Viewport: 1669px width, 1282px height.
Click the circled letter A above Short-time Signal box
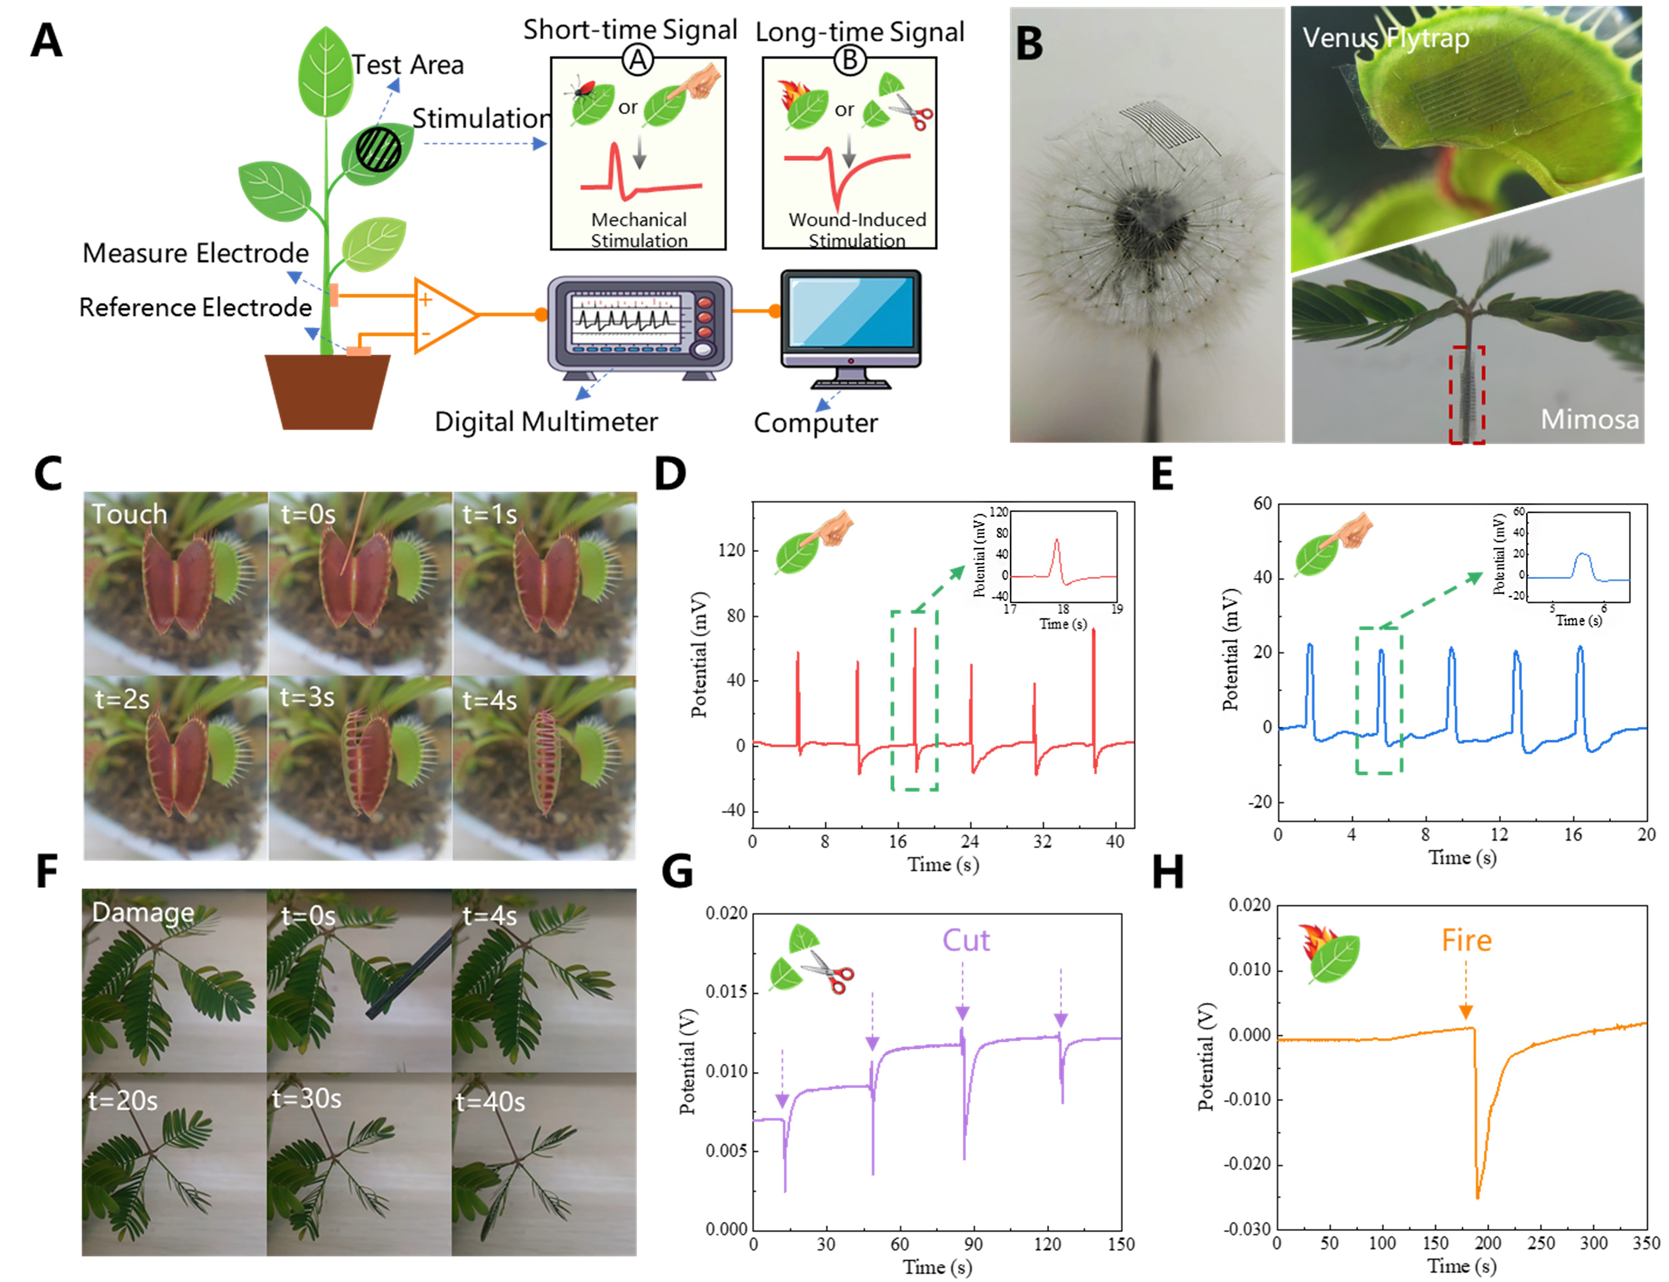click(x=638, y=59)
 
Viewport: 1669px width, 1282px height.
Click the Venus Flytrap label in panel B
click(x=1385, y=38)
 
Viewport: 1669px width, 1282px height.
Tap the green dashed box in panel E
click(x=1378, y=700)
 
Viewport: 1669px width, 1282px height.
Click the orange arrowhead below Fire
click(x=1465, y=1012)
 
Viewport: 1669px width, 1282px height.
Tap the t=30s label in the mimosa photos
click(x=307, y=1099)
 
